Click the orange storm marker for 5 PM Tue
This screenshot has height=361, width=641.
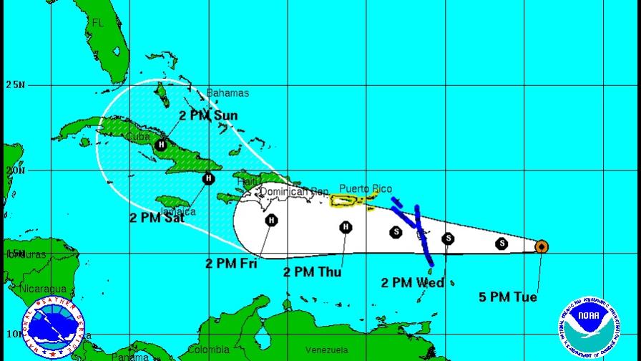[542, 247]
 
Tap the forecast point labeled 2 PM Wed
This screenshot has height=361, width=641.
[448, 239]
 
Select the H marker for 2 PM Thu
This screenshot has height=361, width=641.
[346, 228]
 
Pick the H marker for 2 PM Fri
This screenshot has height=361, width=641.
[271, 220]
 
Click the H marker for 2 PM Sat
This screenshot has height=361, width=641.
[208, 178]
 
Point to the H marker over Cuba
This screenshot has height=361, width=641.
[162, 145]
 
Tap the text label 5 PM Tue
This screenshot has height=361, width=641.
[508, 297]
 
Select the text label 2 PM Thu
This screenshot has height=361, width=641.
[312, 272]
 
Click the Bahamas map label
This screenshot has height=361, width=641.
[227, 93]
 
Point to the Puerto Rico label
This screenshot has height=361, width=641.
[365, 189]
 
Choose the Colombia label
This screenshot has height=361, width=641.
[209, 350]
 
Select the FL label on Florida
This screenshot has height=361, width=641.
[98, 23]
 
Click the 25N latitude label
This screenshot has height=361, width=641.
[15, 85]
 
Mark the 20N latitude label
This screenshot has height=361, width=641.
[15, 170]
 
